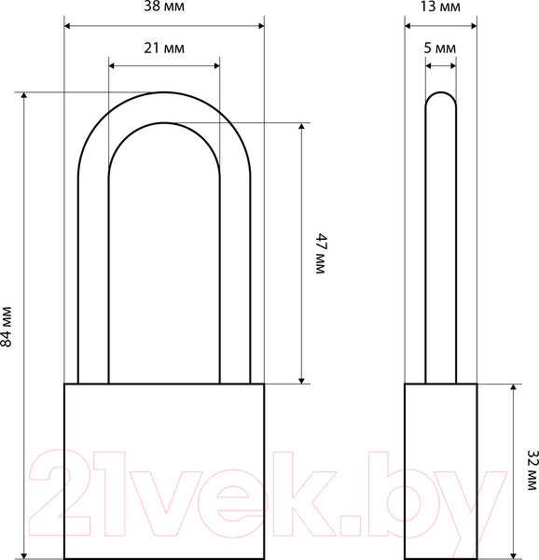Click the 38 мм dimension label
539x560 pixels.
coord(164,7)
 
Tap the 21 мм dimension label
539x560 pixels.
coord(164,49)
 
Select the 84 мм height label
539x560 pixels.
coord(7,327)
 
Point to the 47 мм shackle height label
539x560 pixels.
coord(321,254)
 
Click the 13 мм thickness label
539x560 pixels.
coord(440,7)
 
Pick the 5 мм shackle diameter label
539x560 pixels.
coord(440,49)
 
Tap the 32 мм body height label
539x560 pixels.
coord(532,470)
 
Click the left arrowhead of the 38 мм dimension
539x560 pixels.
coord(67,26)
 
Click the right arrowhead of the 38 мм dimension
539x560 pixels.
coord(261,26)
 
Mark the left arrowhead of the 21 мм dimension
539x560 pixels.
coord(112,65)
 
